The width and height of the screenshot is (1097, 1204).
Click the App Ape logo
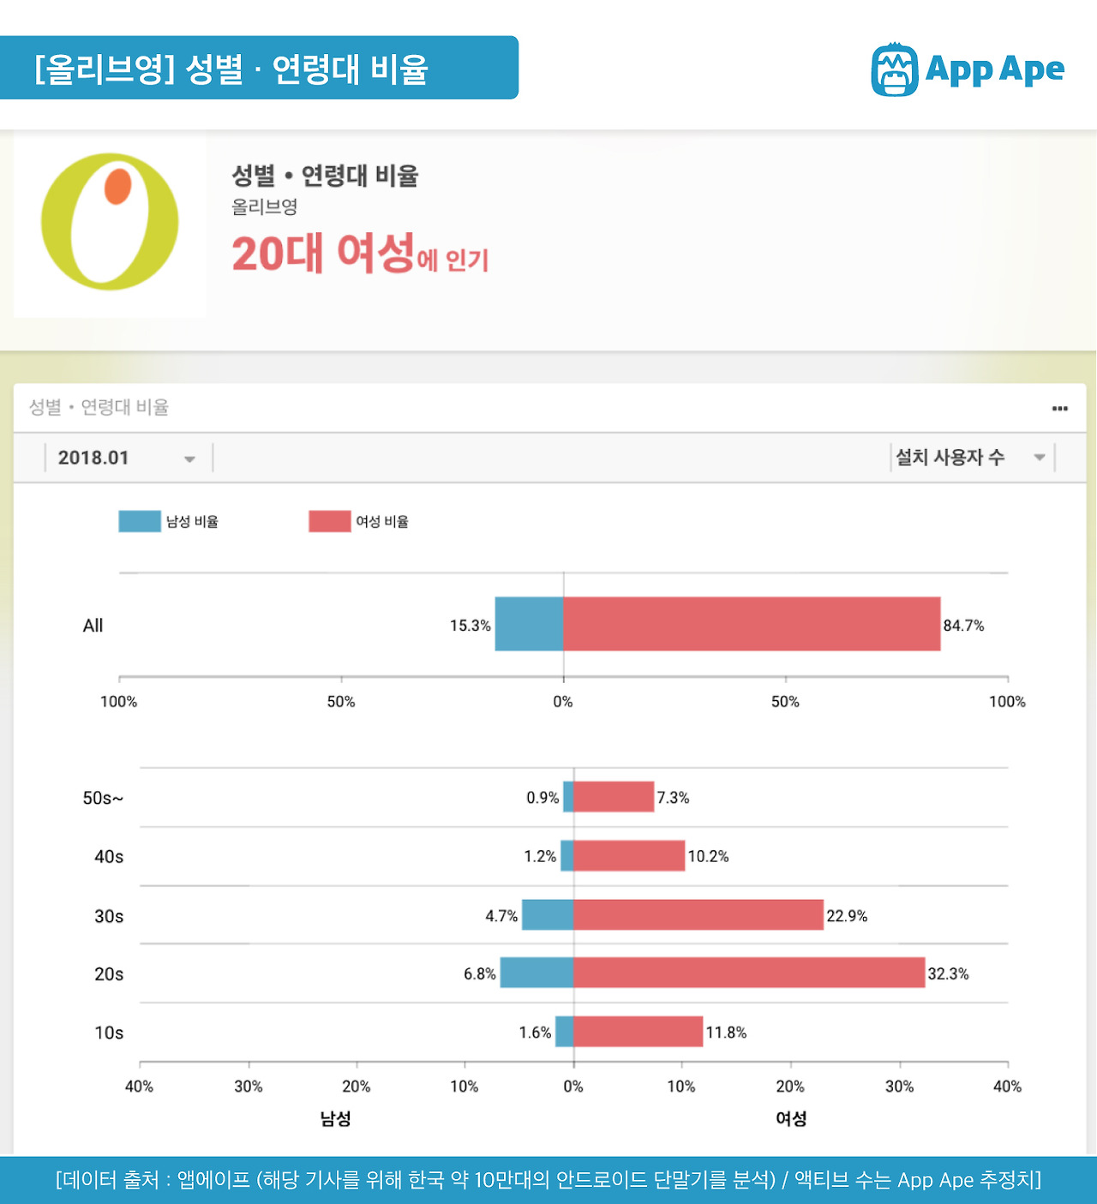pos(968,69)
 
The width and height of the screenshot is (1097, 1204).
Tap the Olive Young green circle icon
pos(110,222)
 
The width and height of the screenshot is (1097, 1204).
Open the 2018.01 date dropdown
pos(127,458)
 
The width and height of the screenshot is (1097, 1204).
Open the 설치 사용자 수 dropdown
pos(970,458)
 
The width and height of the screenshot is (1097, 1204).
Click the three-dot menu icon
pos(1059,409)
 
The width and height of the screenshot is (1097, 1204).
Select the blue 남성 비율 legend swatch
pos(140,521)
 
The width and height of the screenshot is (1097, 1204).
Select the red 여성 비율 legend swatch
pos(330,521)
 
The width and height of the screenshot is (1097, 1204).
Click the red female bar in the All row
pos(752,624)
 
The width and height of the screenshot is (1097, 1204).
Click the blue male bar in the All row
pos(529,624)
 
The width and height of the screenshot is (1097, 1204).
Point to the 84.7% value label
pos(963,626)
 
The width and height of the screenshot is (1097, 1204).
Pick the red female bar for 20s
pos(749,973)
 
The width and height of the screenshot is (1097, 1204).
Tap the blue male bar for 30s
pos(548,914)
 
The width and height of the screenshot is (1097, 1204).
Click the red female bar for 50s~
pos(614,797)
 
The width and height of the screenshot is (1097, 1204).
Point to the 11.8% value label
pos(726,1033)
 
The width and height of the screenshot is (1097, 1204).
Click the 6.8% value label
pos(479,973)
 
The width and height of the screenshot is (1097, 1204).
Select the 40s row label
pos(109,857)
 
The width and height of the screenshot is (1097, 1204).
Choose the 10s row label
pos(109,1033)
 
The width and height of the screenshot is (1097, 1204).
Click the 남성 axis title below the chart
pos(335,1118)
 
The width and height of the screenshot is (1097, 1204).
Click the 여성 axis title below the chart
pos(791,1118)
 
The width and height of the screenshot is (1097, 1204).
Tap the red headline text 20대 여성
pos(323,254)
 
